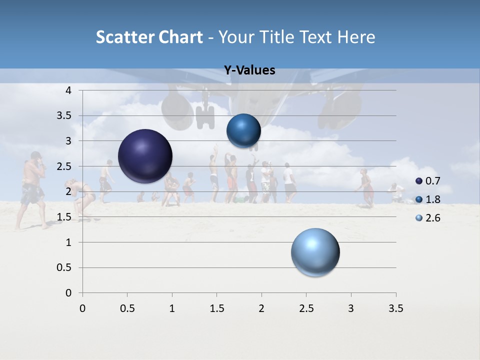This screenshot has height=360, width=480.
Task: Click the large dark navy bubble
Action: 145,156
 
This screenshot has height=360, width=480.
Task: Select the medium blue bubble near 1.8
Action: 243,131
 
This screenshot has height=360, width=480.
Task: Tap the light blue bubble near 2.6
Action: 315,252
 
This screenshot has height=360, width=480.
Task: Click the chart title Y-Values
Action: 249,70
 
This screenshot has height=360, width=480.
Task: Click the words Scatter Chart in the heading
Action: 149,37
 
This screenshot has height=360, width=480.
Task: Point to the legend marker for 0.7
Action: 419,181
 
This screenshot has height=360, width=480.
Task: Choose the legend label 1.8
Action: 432,199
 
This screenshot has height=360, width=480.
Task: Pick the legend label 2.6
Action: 432,218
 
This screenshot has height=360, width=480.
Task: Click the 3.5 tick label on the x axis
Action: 395,308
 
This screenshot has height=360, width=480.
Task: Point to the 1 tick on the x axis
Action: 172,308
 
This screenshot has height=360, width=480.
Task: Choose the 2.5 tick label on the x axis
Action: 306,308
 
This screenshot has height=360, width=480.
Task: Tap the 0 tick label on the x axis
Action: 82,308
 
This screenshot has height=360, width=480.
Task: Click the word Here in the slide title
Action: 356,37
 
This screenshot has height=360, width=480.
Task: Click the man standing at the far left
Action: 32,190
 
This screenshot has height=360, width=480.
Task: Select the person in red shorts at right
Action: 367,187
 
